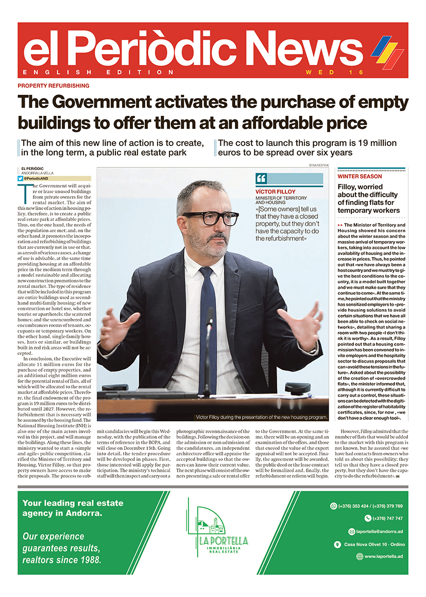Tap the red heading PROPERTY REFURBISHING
click(x=54, y=86)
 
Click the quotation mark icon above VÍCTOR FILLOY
click(x=261, y=179)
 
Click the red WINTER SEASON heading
click(x=360, y=177)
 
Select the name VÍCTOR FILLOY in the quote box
click(x=276, y=192)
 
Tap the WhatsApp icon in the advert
click(x=333, y=506)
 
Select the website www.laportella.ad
click(x=383, y=556)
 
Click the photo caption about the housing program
click(x=261, y=417)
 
